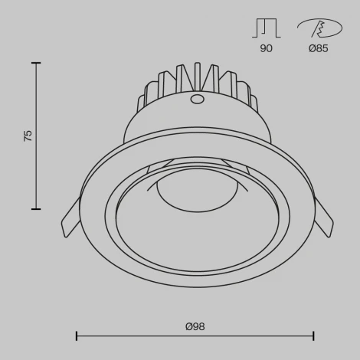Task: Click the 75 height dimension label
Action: point(28,136)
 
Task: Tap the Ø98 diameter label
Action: point(195,326)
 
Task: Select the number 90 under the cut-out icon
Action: point(266,48)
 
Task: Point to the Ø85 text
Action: point(319,48)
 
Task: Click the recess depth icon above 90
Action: point(266,28)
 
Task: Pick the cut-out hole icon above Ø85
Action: point(319,28)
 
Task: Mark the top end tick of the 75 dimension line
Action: point(36,64)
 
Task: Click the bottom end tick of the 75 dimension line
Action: point(36,208)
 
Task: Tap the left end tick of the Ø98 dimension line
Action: point(77,335)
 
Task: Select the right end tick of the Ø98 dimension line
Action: point(314,335)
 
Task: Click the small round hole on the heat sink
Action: point(197,99)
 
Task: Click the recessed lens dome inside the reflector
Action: point(197,191)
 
